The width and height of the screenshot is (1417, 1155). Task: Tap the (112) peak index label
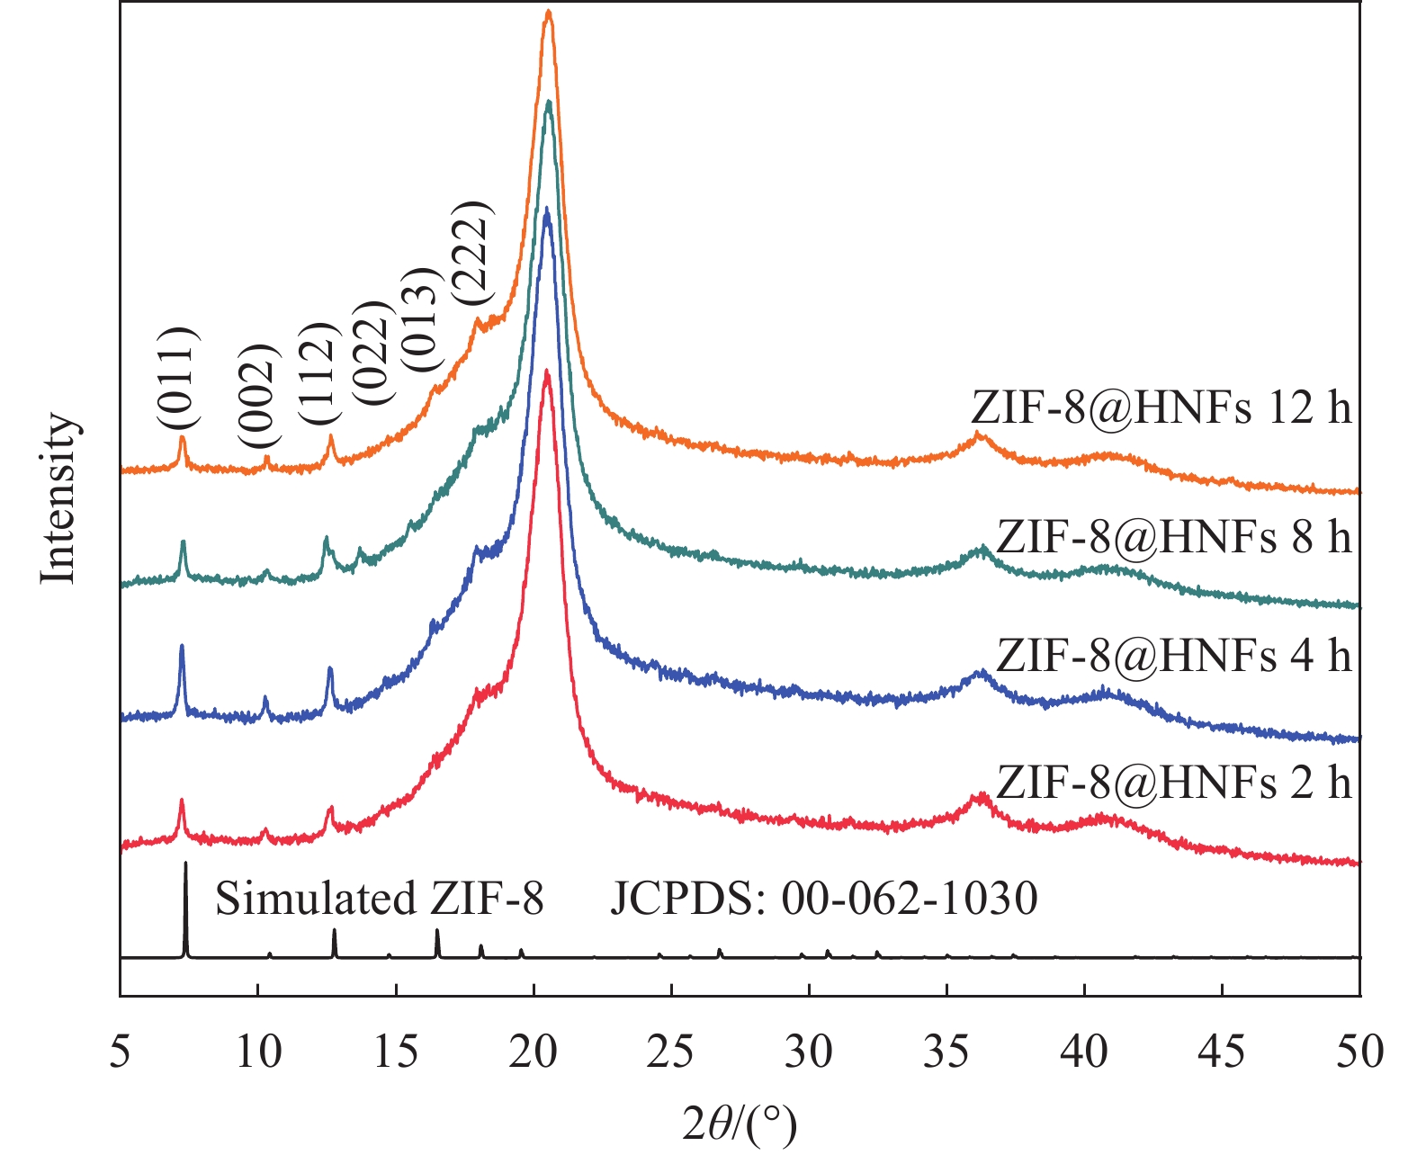pyautogui.click(x=318, y=374)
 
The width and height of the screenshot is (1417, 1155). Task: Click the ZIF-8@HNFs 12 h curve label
pyautogui.click(x=1161, y=407)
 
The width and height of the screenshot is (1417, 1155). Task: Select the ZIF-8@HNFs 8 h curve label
pyautogui.click(x=1174, y=537)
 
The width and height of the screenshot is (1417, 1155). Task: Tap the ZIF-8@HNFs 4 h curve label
pyautogui.click(x=1174, y=656)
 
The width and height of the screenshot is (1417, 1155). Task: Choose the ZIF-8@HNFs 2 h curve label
pyautogui.click(x=1174, y=783)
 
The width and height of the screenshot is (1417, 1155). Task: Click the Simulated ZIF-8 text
pyautogui.click(x=379, y=899)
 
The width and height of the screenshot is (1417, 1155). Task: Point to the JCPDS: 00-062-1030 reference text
pyautogui.click(x=824, y=899)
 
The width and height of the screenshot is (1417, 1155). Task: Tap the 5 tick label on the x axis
pyautogui.click(x=121, y=1052)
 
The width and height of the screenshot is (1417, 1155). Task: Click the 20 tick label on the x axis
pyautogui.click(x=534, y=1052)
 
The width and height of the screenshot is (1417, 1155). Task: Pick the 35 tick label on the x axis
pyautogui.click(x=946, y=1052)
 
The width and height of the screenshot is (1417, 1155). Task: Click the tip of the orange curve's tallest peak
pyautogui.click(x=548, y=12)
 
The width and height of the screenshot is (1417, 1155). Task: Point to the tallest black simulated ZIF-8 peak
pyautogui.click(x=185, y=864)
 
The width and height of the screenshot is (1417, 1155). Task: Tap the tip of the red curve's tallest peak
pyautogui.click(x=546, y=371)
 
